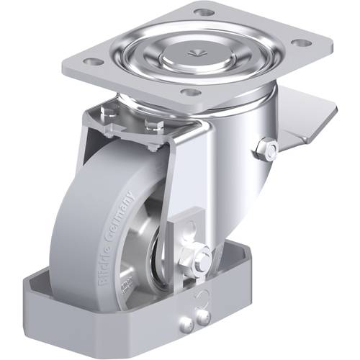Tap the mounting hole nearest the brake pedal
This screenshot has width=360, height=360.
303,42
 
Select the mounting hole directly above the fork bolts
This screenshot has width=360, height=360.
190,92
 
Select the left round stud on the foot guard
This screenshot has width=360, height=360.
189,321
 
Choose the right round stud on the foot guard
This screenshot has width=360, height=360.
204,318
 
